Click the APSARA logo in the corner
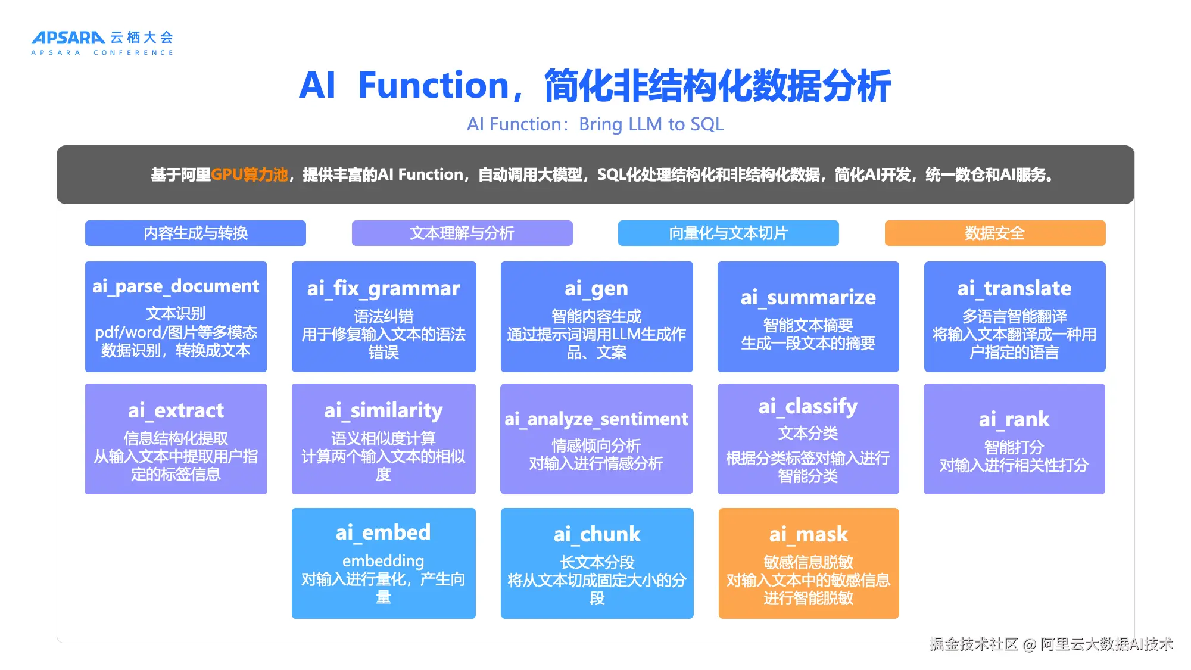[x=102, y=43]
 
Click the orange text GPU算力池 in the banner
[x=250, y=174]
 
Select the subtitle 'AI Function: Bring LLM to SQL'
[x=595, y=124]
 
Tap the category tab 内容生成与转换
[x=195, y=233]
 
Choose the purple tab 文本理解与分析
[x=462, y=233]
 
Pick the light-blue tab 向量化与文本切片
[x=728, y=233]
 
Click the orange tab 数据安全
[x=995, y=233]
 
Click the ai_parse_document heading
[x=176, y=286]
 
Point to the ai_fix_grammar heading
[x=384, y=289]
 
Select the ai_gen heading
[x=597, y=289]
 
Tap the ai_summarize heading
[x=808, y=297]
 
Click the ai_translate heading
[x=1014, y=289]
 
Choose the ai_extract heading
[x=176, y=410]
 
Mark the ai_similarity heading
[x=384, y=411]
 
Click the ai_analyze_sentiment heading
[x=596, y=419]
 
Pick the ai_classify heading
[x=808, y=407]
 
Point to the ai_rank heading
[x=1014, y=419]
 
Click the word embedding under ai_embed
[x=384, y=561]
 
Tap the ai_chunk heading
[x=597, y=534]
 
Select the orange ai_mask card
[x=809, y=563]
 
